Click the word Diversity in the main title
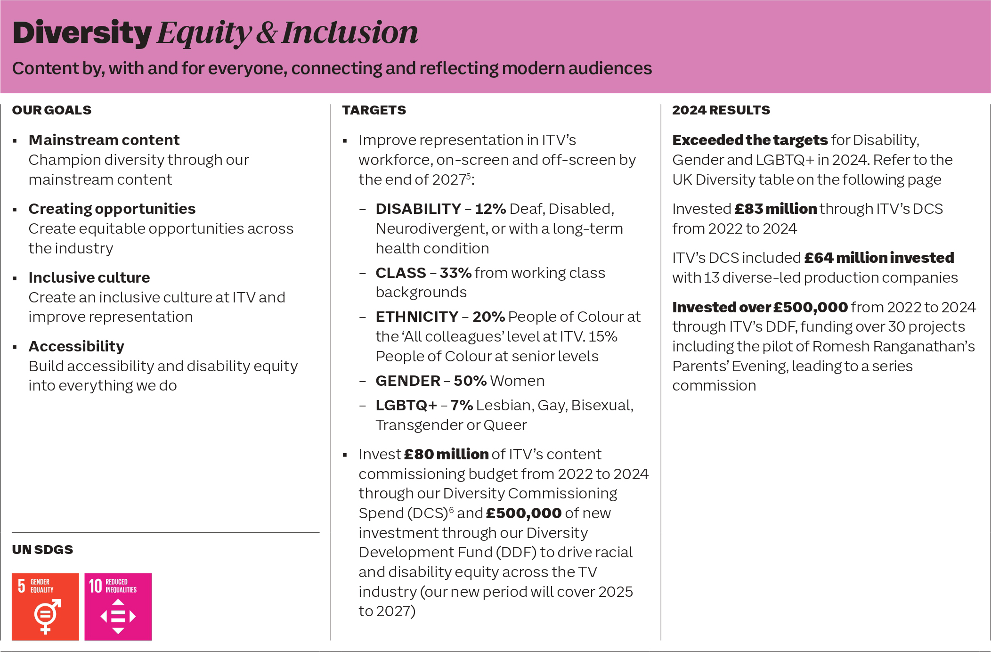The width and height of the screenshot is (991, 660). tap(82, 33)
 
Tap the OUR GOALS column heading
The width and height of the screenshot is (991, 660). tap(52, 110)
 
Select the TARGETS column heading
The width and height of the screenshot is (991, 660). tap(374, 110)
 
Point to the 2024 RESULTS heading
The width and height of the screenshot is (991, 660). tap(721, 110)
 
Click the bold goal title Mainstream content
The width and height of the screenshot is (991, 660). tap(104, 140)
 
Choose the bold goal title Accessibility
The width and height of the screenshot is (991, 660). tap(76, 346)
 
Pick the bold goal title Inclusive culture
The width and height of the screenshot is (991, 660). tap(89, 277)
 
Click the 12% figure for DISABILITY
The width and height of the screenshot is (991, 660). tap(490, 209)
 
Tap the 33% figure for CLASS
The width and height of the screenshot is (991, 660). tap(455, 273)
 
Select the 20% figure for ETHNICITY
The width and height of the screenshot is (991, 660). tap(488, 317)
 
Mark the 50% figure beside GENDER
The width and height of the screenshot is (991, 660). tap(470, 381)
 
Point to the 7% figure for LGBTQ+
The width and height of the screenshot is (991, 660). tap(462, 405)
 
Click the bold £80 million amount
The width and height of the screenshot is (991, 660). tap(446, 454)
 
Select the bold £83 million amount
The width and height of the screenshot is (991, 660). tap(776, 209)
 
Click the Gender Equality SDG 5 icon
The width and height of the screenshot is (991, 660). tap(45, 607)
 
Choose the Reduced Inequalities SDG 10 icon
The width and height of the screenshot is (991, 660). tap(118, 607)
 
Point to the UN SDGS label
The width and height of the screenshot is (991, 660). tap(42, 550)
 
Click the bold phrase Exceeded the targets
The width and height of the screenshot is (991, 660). tap(750, 140)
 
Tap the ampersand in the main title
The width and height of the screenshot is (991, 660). tap(267, 33)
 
